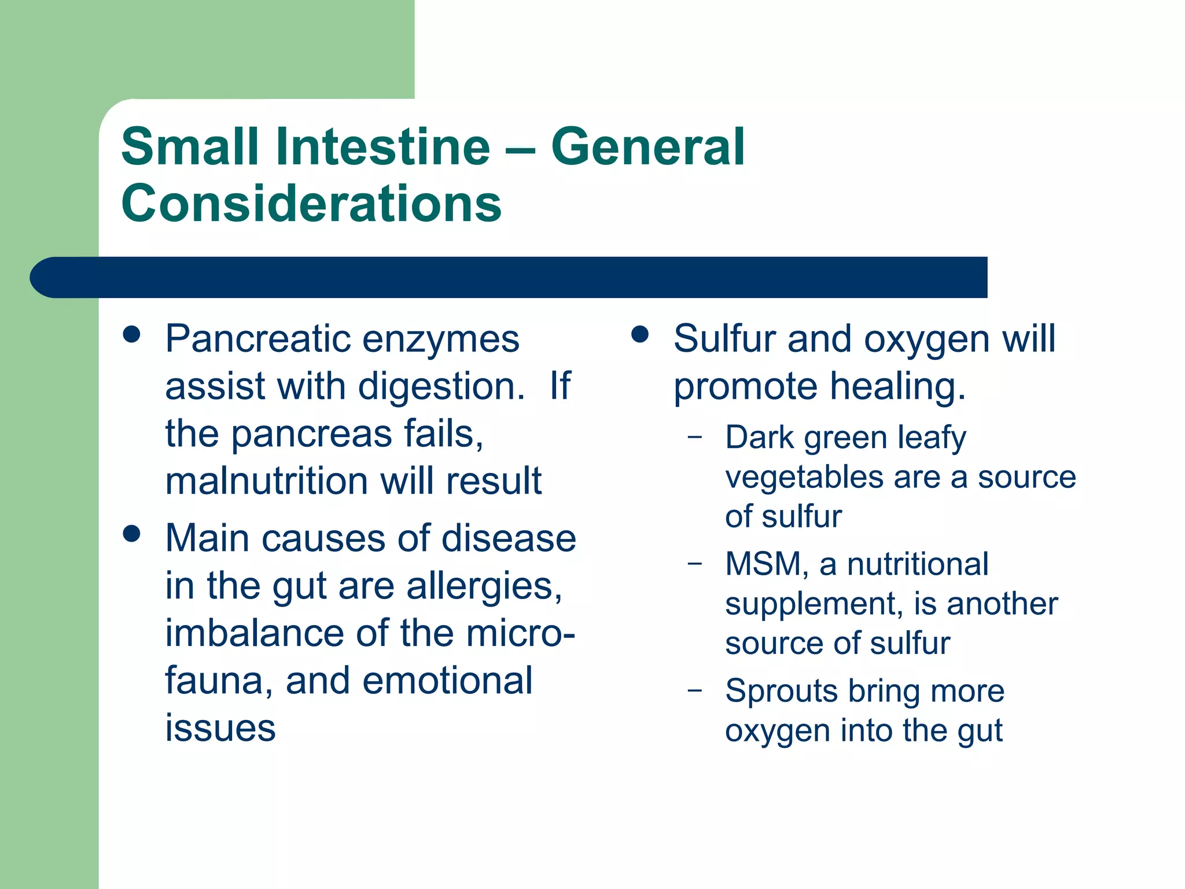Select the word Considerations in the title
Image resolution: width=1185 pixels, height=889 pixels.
pos(311,203)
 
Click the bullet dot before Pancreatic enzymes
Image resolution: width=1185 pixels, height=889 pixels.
pos(132,335)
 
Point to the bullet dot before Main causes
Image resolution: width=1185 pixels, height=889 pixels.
pos(132,534)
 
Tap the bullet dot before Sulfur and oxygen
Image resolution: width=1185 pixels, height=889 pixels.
pos(639,335)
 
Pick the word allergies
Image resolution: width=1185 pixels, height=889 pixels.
pos(484,586)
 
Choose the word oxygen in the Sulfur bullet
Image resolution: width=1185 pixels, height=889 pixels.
pos(926,340)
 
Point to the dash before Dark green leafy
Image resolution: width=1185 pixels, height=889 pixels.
pos(695,437)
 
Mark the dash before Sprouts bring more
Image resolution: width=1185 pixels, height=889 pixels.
pos(695,690)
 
